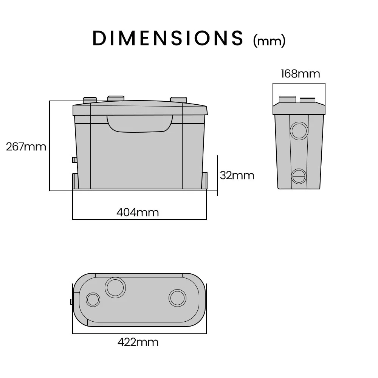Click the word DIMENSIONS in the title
point(168,38)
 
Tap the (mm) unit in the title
point(269,40)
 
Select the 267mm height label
point(26,147)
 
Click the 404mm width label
point(138,212)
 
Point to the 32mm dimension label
point(237,175)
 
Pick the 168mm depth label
point(301,74)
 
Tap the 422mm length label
point(138,342)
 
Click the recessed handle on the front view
point(140,124)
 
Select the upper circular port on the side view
point(299,131)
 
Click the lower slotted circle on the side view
point(299,176)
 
